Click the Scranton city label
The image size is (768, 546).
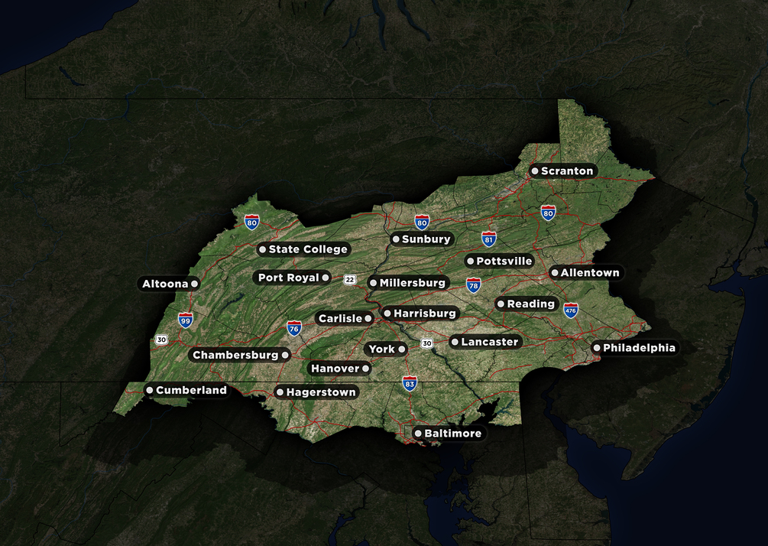click(x=567, y=171)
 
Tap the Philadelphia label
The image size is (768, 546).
click(x=639, y=348)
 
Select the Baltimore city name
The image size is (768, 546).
click(x=452, y=434)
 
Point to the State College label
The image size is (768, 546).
click(x=308, y=249)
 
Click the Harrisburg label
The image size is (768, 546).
click(x=424, y=314)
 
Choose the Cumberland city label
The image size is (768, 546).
click(x=191, y=391)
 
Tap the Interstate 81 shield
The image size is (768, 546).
click(x=489, y=239)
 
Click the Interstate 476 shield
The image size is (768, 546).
click(x=571, y=310)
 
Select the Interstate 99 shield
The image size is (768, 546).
click(x=186, y=320)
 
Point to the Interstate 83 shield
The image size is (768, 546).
click(x=410, y=383)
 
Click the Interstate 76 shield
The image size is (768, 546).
click(x=294, y=329)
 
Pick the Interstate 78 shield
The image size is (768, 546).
click(x=474, y=285)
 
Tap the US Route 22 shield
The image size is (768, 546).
click(x=349, y=279)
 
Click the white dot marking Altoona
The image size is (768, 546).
click(x=194, y=284)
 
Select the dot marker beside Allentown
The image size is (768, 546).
click(x=555, y=273)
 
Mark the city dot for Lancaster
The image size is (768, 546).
click(x=455, y=342)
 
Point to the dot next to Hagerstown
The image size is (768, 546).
click(x=280, y=392)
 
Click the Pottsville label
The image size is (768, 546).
click(x=504, y=262)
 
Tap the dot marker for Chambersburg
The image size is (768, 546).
click(x=285, y=355)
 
